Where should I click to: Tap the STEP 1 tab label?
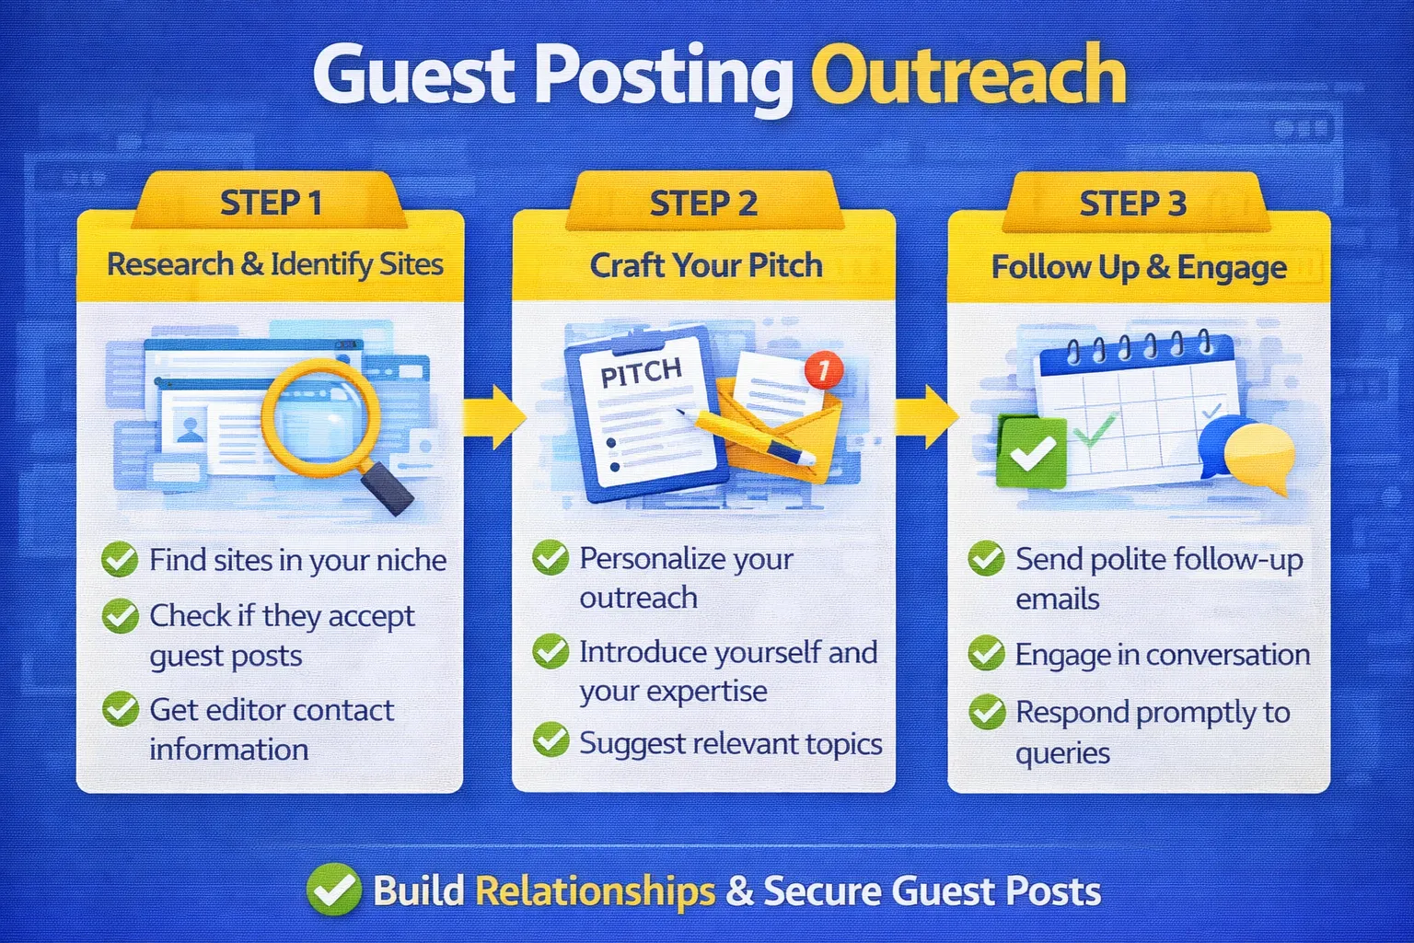pos(271,204)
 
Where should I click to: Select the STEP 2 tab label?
pos(703,204)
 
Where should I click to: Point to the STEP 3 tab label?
pos(1132,204)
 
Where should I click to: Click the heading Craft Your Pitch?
pos(705,265)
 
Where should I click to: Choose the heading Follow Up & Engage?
pos(1139,267)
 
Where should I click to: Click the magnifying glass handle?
pos(388,488)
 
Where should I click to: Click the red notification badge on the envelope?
pos(823,370)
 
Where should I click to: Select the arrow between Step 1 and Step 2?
pos(493,416)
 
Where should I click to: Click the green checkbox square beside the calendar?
pos(1032,452)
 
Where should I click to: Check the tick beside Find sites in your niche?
pos(120,559)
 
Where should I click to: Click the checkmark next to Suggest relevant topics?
pos(551,740)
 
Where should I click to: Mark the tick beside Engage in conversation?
pos(986,653)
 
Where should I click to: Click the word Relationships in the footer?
pos(595,891)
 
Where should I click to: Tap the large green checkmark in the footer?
pos(333,890)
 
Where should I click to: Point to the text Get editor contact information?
pos(271,728)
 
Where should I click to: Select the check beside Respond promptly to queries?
pos(986,712)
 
